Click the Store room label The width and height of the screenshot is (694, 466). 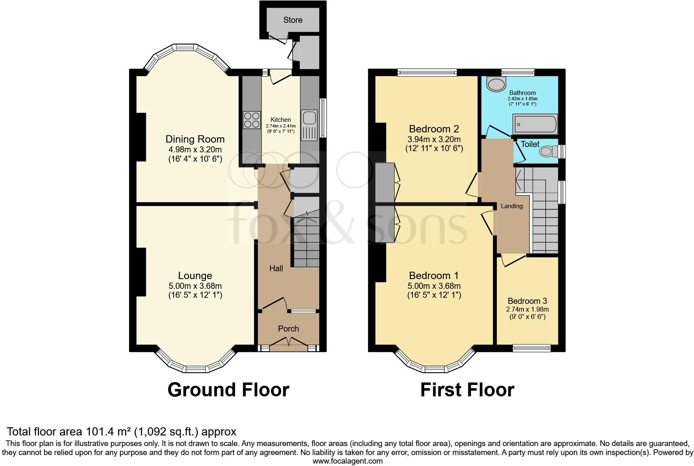pyautogui.click(x=293, y=20)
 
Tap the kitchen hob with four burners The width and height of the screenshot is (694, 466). pyautogui.click(x=252, y=120)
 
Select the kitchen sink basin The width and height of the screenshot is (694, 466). pyautogui.click(x=309, y=118)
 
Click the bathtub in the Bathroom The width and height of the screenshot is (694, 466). pyautogui.click(x=535, y=124)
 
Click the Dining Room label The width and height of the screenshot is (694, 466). pyautogui.click(x=195, y=139)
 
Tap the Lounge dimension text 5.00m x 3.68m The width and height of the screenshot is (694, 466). pyautogui.click(x=195, y=286)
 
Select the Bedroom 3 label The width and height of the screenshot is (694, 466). pyautogui.click(x=527, y=301)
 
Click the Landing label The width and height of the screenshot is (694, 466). pyautogui.click(x=512, y=206)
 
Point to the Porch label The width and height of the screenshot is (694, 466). pyautogui.click(x=288, y=329)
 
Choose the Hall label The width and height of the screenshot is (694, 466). pyautogui.click(x=276, y=268)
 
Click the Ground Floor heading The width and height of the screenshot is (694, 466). pyautogui.click(x=228, y=390)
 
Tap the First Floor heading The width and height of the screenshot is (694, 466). pyautogui.click(x=467, y=390)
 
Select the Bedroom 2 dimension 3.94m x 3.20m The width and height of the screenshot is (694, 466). pyautogui.click(x=434, y=139)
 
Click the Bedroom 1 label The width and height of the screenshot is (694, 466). pyautogui.click(x=434, y=275)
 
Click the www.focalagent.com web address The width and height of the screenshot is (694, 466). pyautogui.click(x=347, y=461)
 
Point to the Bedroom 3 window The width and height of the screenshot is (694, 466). pyautogui.click(x=531, y=348)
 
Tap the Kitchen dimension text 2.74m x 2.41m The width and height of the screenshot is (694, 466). pyautogui.click(x=281, y=126)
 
